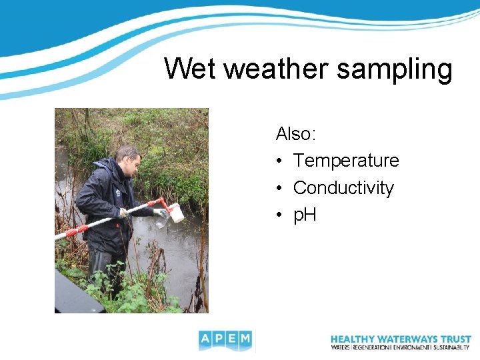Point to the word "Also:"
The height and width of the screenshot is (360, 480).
[x=296, y=134]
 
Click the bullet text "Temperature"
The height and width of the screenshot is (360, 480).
[x=346, y=161]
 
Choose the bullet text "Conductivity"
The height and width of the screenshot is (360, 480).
[x=343, y=188]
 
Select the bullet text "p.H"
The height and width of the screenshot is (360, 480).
[x=305, y=215]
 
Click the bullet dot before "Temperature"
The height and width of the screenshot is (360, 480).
[x=280, y=161]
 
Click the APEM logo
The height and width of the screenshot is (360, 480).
[x=226, y=340]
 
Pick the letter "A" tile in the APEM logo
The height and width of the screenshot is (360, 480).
[x=205, y=340]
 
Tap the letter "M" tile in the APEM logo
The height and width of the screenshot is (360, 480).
[x=245, y=340]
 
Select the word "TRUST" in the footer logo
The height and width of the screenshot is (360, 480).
[x=455, y=339]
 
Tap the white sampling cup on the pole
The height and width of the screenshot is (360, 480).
[x=176, y=213]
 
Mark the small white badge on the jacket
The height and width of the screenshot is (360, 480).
[x=117, y=193]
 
